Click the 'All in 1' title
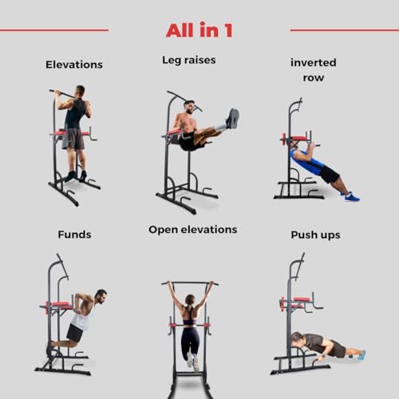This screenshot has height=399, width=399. pos(199,30)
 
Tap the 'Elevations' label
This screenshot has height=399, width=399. pos(74,64)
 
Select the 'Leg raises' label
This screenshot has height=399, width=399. pos(188,60)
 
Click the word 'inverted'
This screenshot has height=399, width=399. pos(314,62)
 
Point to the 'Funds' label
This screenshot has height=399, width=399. pos(74,235)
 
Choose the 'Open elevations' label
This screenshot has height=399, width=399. pos(192,230)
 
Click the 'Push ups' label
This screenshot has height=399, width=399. pos(315,235)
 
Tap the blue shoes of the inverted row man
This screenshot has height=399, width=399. pos(351,196)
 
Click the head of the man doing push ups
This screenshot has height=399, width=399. pos(297,338)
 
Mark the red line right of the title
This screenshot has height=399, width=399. pos(344,30)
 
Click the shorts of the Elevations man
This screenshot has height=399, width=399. pos(74,139)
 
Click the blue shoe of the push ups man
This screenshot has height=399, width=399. pos(361,354)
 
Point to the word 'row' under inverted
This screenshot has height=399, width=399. pos(314,78)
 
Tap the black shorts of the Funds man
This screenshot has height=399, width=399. pos(75,331)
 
